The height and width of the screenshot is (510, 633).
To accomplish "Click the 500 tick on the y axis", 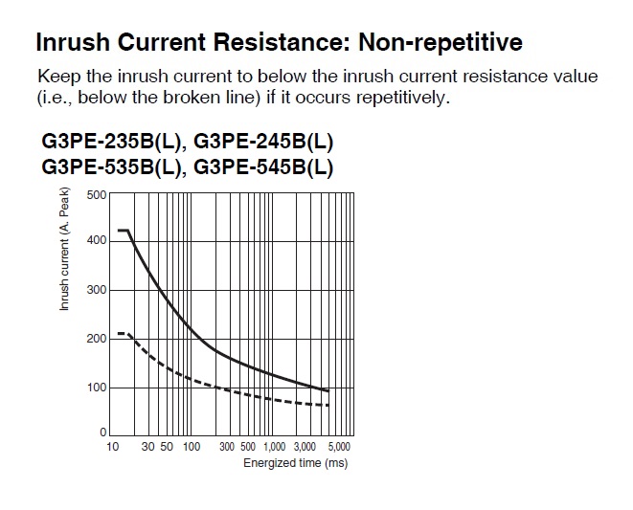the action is pos(96,195).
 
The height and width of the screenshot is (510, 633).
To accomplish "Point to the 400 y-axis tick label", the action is pos(96,240).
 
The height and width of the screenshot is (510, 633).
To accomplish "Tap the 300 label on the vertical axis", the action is pos(96,290).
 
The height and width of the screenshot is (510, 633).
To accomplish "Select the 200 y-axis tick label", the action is pos(96,339).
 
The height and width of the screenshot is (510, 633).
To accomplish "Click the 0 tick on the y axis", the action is pos(102,432).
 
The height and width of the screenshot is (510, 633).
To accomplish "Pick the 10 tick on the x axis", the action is pos(113,447).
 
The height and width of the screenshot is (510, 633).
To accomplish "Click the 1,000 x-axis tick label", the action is pos(275,447).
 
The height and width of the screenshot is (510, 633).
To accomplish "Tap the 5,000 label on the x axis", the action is pos(339,447).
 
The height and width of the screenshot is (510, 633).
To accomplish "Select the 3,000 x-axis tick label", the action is pos(305,447).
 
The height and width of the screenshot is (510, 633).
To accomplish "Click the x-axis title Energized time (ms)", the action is pos(296,463).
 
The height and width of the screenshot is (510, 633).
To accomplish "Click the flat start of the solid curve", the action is pos(124,231).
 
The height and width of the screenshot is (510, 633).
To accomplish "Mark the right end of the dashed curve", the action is pos(328,405).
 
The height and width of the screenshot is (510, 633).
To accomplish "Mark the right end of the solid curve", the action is pos(328,390).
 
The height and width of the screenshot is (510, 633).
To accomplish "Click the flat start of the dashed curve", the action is pos(123,333).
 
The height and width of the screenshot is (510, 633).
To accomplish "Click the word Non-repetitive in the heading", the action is pos(441,42).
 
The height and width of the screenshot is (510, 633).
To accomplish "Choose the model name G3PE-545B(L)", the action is pos(263,167).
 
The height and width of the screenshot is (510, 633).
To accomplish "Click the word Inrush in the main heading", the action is pos(73,42).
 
